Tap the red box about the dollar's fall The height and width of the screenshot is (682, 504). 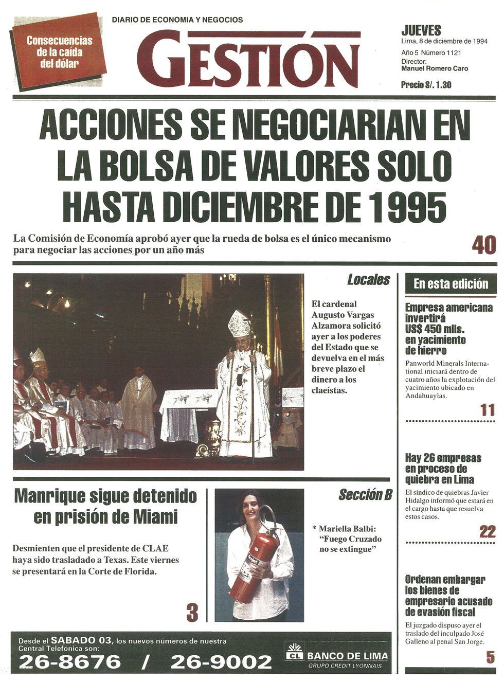click(59, 51)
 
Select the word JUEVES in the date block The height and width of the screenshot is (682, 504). click(421, 31)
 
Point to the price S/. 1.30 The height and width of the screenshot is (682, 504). click(426, 85)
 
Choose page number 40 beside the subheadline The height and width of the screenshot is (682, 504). click(483, 245)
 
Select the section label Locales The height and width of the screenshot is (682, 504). click(368, 280)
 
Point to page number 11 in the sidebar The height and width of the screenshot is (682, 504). click(487, 410)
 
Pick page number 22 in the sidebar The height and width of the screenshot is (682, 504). click(487, 531)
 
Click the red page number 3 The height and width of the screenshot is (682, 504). click(192, 612)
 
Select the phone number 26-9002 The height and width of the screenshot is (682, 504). click(221, 661)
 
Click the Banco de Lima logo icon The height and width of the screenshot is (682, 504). click(294, 653)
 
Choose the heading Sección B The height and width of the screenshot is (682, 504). click(365, 495)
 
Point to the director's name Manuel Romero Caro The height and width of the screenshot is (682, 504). click(435, 68)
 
